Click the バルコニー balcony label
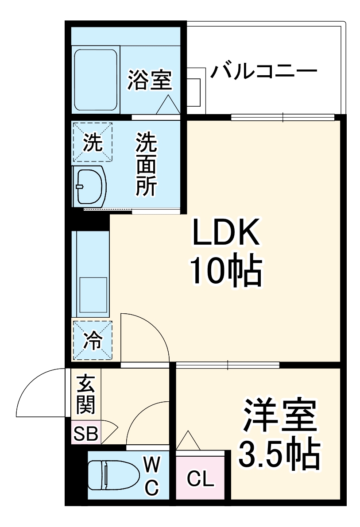tap(264, 71)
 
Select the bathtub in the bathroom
tap(96, 80)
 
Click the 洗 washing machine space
tap(93, 142)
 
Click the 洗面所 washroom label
tap(146, 164)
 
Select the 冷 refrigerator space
tap(93, 340)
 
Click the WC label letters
tap(151, 476)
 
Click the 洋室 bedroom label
tap(279, 415)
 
